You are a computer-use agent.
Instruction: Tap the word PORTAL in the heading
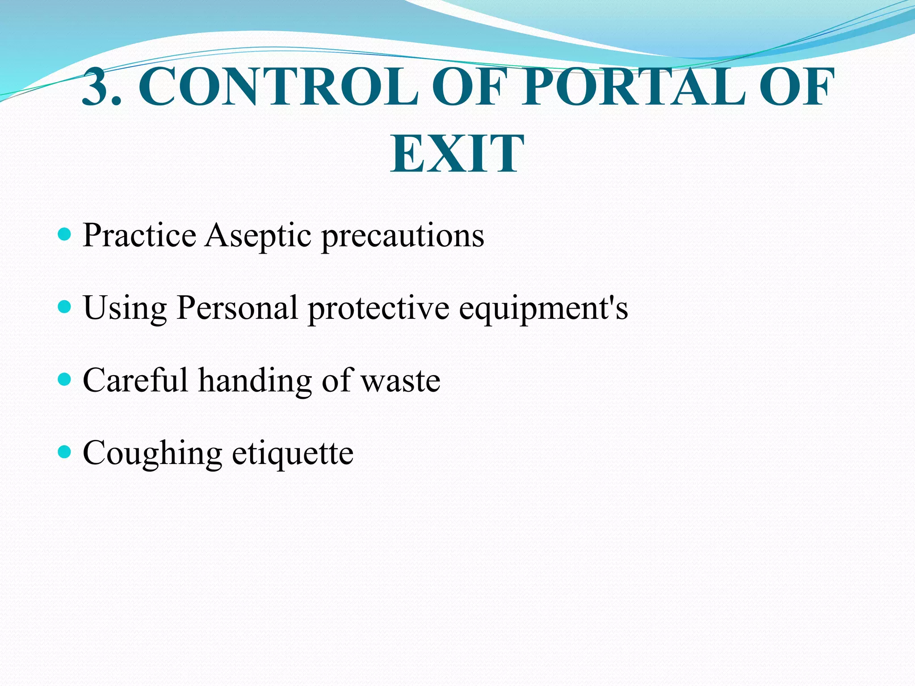(634, 87)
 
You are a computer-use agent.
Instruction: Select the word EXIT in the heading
(457, 154)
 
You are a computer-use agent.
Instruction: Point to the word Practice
(139, 235)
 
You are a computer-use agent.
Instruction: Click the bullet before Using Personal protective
(65, 306)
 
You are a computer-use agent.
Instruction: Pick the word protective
(378, 308)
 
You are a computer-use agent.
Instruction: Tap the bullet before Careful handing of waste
(65, 379)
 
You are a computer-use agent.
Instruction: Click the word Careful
(135, 380)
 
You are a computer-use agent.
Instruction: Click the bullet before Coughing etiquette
(65, 452)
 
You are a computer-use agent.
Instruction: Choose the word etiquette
(293, 454)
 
